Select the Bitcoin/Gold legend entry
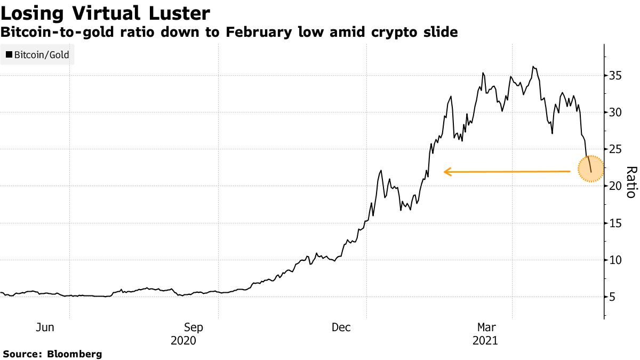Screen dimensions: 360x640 click(x=37, y=54)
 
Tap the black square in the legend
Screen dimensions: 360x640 click(x=9, y=54)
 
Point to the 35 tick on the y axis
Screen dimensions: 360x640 click(x=615, y=76)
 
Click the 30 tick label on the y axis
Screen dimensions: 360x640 click(x=615, y=113)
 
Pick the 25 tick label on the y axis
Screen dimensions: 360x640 click(x=615, y=149)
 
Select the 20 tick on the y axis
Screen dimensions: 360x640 click(x=615, y=186)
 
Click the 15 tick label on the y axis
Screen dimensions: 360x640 click(x=615, y=223)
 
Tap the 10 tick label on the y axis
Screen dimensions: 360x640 click(x=615, y=260)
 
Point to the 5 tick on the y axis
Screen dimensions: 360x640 click(x=612, y=297)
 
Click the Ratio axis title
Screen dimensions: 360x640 click(x=630, y=182)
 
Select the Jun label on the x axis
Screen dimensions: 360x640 click(x=45, y=327)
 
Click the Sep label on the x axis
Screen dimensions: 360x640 click(x=193, y=327)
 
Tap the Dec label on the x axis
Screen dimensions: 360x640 click(x=341, y=327)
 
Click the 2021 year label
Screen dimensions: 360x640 click(x=485, y=340)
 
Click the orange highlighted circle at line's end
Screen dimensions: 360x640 click(x=590, y=169)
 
